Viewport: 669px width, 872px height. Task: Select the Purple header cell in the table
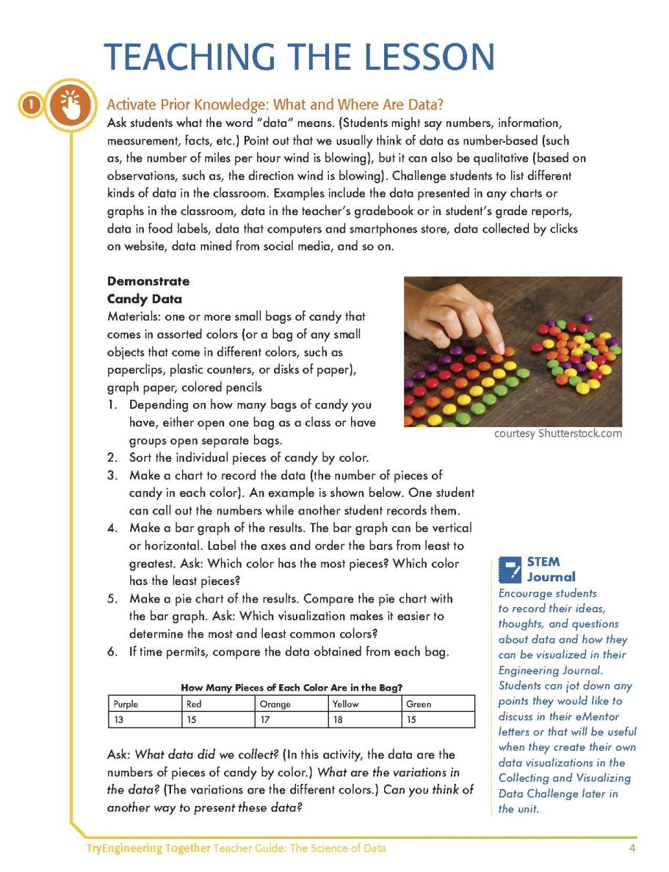(145, 704)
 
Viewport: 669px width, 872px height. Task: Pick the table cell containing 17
(292, 720)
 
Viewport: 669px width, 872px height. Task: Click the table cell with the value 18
(365, 720)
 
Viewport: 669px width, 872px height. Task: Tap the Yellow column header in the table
(365, 704)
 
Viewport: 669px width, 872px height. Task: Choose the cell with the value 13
(145, 720)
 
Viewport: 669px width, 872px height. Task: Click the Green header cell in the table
(438, 704)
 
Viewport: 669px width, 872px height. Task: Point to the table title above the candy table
(292, 688)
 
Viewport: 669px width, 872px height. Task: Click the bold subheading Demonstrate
(148, 281)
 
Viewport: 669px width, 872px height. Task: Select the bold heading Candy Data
(145, 299)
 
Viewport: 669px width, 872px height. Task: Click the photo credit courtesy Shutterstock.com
(558, 433)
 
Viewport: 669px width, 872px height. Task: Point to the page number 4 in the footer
(632, 849)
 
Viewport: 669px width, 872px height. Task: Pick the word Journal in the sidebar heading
(552, 577)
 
